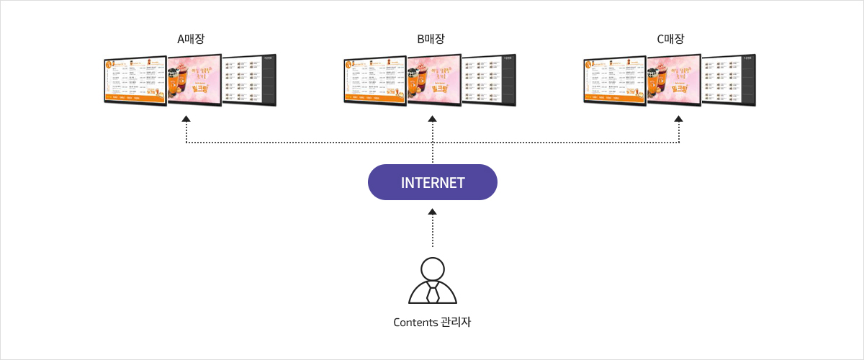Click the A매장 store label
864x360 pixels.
(190, 39)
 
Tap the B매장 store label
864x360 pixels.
(432, 39)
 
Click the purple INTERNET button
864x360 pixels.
(432, 182)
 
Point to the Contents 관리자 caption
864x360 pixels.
(432, 322)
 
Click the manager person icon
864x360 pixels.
(432, 281)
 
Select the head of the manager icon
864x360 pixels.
(432, 268)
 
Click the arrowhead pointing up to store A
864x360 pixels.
(186, 117)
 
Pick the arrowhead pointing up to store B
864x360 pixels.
(433, 117)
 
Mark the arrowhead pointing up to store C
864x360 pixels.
(678, 117)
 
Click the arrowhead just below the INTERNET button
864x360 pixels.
(432, 212)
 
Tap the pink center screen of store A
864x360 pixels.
(194, 79)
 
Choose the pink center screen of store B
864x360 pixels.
(433, 79)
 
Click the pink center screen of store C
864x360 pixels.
(673, 79)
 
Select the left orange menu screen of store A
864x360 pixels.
(135, 78)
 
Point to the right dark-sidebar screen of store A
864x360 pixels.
(249, 79)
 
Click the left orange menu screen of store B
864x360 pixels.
(375, 78)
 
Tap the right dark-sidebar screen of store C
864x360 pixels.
(729, 79)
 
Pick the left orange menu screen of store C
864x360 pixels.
(615, 78)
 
